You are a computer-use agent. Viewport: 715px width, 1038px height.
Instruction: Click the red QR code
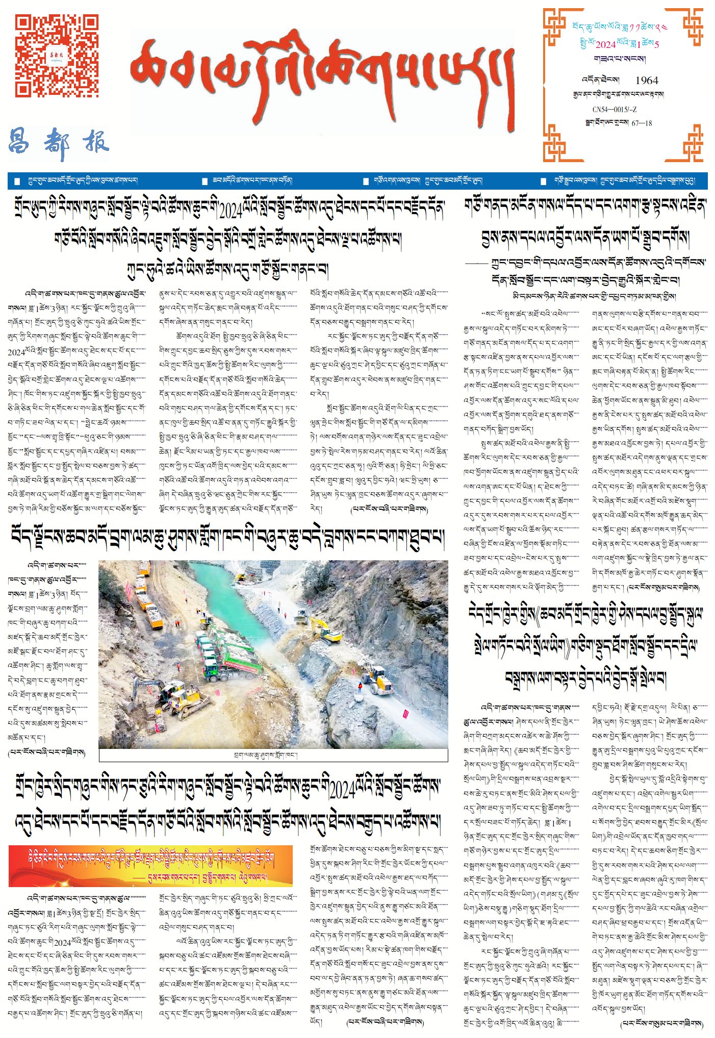click(56, 56)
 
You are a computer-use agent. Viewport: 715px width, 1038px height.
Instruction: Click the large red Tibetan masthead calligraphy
click(321, 77)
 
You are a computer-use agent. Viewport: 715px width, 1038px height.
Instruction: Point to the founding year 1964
click(647, 80)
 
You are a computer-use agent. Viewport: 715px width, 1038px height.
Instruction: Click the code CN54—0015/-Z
click(614, 110)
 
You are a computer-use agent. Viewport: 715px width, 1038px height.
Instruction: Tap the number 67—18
click(642, 123)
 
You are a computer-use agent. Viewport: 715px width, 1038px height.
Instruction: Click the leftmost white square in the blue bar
click(17, 181)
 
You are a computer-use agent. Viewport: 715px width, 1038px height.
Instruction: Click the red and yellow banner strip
click(150, 865)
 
